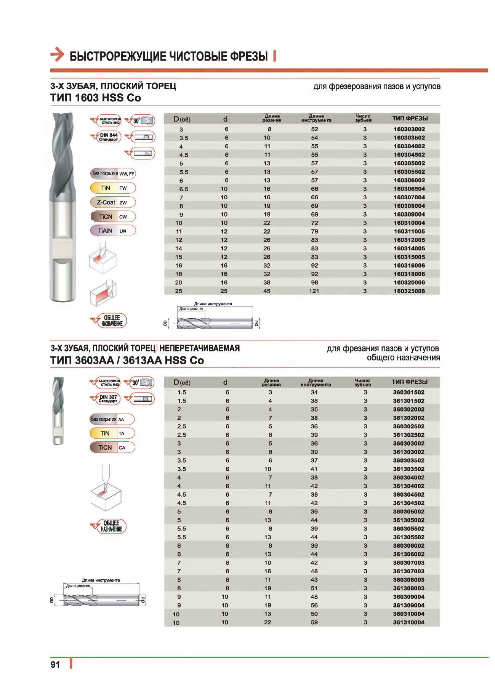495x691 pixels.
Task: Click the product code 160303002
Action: coord(409,129)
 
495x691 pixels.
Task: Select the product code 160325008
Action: coord(409,291)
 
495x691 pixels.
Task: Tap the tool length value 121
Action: coord(314,291)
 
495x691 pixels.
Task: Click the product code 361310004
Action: coord(408,622)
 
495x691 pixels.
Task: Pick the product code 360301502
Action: coord(408,392)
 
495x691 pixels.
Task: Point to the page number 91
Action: coord(55,665)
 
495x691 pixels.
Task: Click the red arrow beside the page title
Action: coord(58,54)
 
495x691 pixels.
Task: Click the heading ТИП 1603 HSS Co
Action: coord(96,98)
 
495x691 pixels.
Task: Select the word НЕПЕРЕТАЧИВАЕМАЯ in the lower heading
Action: coord(199,348)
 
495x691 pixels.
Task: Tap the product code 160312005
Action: coord(409,240)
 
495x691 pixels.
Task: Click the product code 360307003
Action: coord(408,563)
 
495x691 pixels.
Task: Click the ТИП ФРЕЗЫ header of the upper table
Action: coord(410,119)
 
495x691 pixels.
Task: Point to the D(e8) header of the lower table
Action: coord(182,382)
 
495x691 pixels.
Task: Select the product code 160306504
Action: coord(409,189)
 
